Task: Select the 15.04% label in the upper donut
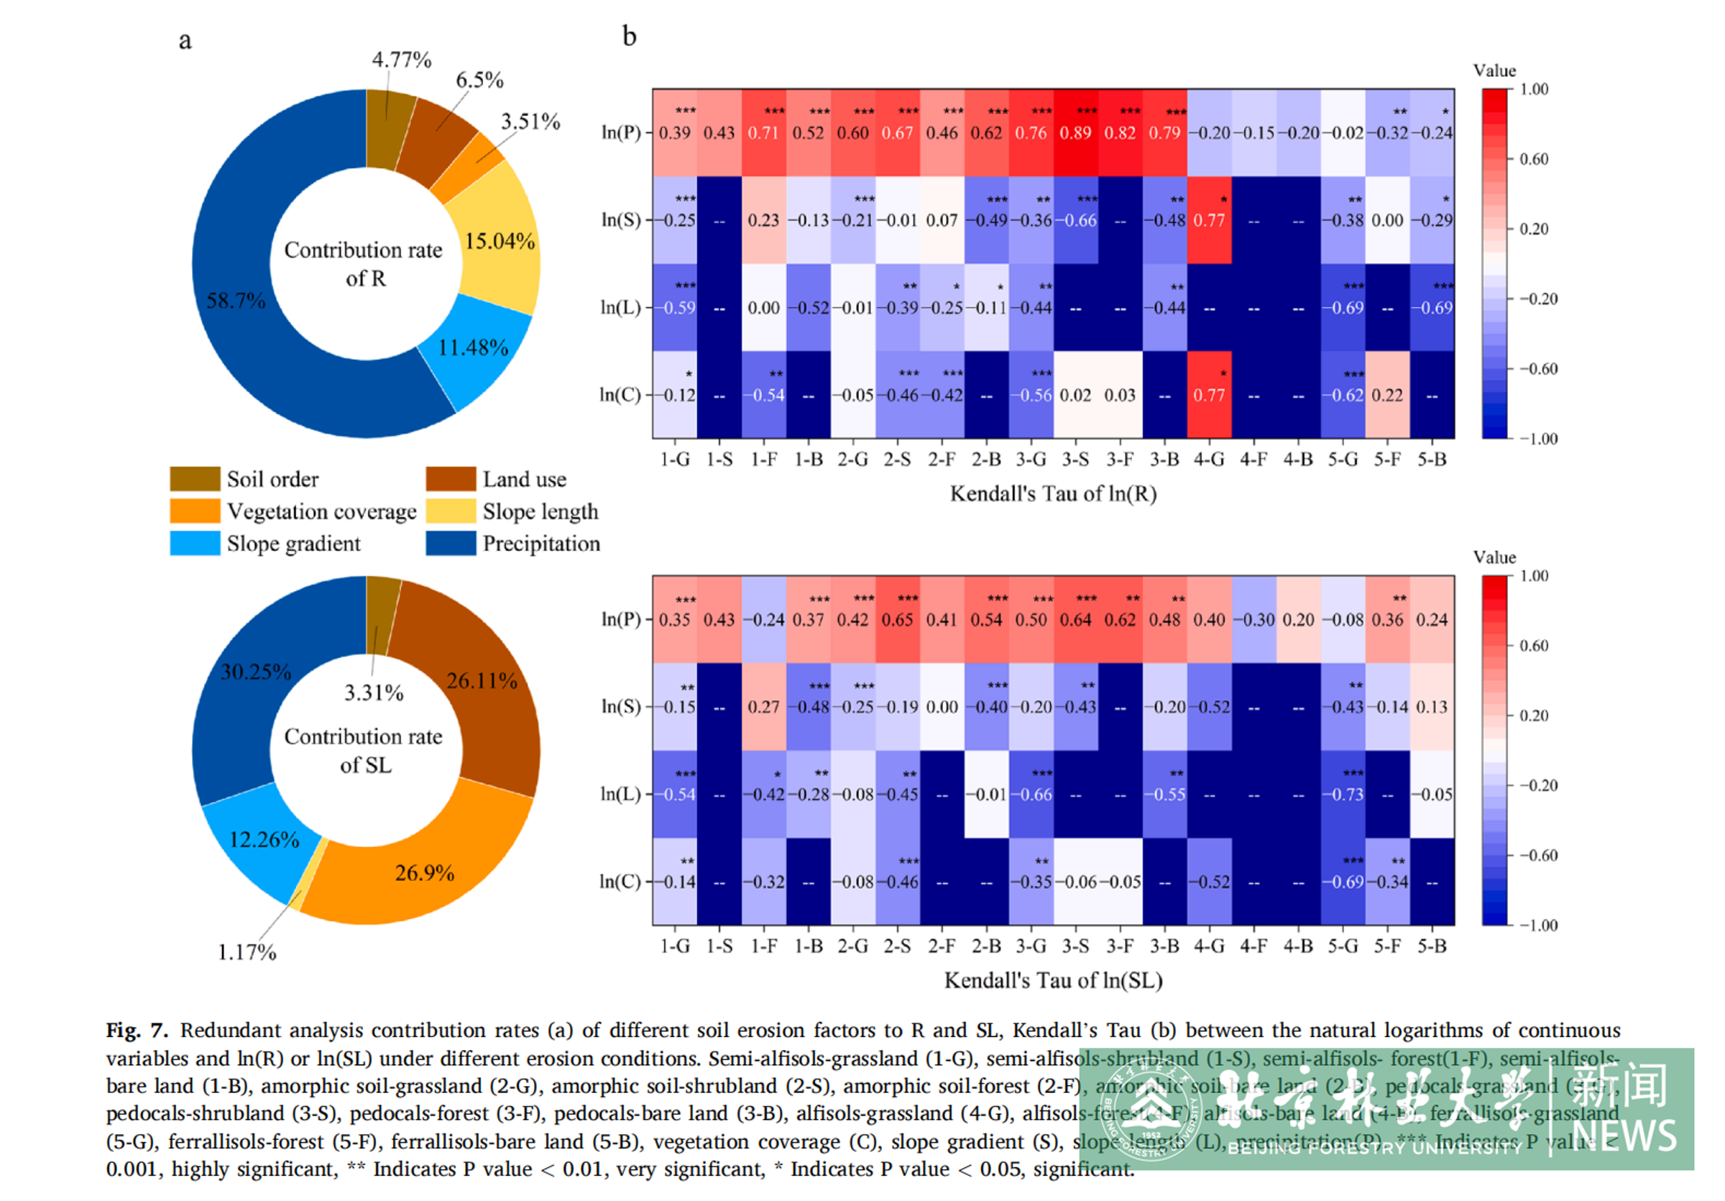500,241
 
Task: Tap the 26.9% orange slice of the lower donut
425,872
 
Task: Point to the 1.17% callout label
247,952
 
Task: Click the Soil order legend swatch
195,479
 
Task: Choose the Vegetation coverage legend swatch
195,511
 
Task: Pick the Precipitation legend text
541,544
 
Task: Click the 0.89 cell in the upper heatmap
1075,133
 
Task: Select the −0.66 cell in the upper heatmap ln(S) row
1075,220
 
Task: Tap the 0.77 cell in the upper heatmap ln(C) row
1209,395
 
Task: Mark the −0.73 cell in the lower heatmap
1343,795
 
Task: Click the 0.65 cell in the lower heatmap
897,620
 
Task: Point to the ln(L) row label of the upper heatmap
620,307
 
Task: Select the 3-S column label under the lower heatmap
1075,946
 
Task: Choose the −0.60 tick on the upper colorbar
1539,369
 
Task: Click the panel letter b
629,36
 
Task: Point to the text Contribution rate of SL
364,750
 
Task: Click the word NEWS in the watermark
1624,1136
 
